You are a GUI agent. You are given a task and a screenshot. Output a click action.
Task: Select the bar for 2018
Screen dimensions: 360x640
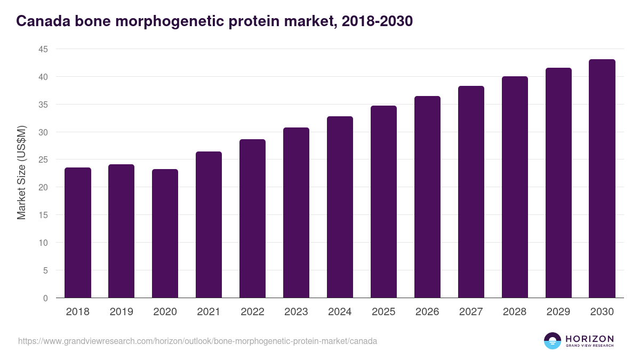78,233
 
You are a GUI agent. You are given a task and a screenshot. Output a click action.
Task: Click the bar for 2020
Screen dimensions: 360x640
165,234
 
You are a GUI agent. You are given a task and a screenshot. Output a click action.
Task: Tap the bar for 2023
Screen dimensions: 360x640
296,213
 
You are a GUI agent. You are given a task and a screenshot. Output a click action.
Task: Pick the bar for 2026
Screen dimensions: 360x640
427,197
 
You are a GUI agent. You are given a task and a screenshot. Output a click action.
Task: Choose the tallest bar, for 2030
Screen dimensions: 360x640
602,179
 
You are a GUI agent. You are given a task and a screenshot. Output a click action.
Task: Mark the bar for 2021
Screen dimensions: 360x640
209,225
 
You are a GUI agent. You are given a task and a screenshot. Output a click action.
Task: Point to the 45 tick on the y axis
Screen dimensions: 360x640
43,49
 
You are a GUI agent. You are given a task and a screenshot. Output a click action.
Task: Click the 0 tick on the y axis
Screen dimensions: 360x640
46,298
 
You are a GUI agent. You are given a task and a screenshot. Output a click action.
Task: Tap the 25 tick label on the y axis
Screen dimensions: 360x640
43,159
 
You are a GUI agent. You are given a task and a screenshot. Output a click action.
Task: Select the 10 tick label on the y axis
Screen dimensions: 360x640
43,243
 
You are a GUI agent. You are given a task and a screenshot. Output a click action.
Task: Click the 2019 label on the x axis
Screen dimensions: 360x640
121,312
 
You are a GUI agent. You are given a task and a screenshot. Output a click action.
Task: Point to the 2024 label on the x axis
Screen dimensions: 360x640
340,312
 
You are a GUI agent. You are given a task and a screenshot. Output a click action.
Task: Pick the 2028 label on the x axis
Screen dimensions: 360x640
515,312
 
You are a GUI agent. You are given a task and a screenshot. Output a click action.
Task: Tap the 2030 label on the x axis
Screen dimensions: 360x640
602,312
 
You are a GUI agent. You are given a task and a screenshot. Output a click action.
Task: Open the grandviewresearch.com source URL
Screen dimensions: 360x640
197,341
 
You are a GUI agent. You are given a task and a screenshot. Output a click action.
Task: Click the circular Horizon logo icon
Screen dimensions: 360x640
553,341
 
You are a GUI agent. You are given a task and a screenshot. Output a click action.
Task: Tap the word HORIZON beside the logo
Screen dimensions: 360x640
589,338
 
